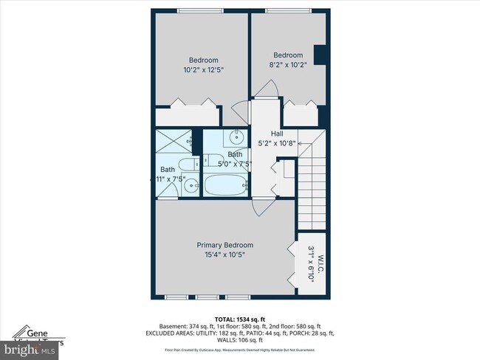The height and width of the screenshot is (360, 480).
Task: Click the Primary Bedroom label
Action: click(224, 245)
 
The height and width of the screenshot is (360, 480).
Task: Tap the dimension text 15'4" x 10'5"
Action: click(224, 255)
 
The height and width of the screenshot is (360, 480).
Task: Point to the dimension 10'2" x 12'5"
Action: click(203, 69)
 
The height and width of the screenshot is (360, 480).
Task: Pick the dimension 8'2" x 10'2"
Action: click(288, 64)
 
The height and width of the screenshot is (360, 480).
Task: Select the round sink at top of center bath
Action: click(237, 138)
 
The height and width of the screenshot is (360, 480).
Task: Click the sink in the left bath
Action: click(190, 186)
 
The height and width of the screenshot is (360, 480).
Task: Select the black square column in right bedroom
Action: click(320, 56)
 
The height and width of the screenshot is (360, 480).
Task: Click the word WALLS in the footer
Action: click(219, 341)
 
